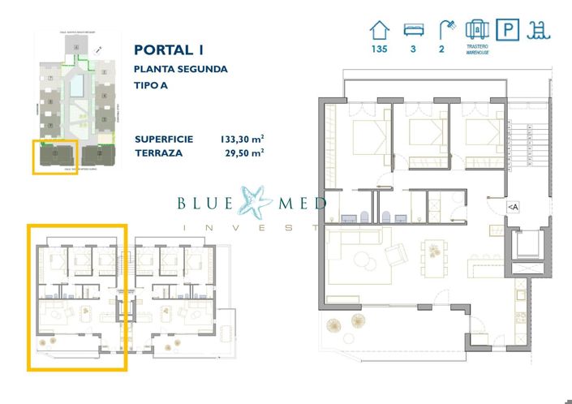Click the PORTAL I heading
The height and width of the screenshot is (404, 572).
point(167,49)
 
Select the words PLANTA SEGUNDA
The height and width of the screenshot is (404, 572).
point(181,69)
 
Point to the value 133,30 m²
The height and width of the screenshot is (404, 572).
point(243,139)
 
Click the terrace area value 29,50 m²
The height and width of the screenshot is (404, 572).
point(245,152)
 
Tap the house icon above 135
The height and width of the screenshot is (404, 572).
point(379,30)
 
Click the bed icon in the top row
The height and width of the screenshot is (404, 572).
point(414,31)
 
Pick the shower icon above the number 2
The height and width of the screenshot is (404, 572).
point(446,30)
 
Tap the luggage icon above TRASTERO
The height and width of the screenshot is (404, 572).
point(477,30)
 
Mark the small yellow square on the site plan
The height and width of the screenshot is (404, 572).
point(55,157)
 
